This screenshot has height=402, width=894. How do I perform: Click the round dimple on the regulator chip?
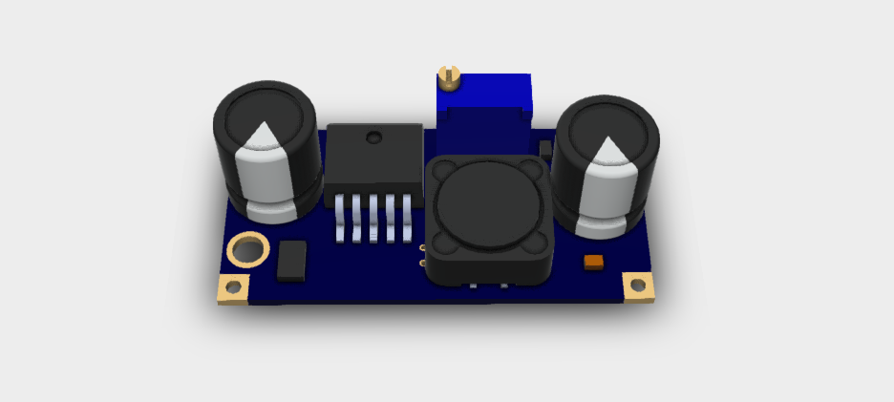tap(373, 140)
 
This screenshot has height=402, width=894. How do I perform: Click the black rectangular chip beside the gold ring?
tap(291, 261)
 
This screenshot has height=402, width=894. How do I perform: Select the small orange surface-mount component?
tap(593, 261)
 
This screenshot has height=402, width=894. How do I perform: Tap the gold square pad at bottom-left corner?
tap(234, 287)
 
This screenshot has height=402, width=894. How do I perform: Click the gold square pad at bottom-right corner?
tap(638, 286)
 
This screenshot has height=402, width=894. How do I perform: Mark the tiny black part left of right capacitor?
tap(544, 150)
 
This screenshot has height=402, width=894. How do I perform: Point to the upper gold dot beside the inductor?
tap(422, 249)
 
